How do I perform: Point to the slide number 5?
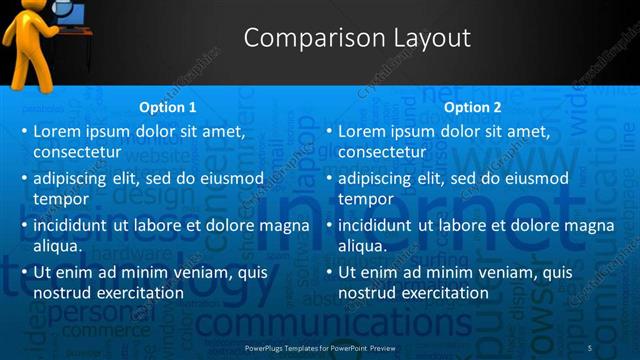coord(589,347)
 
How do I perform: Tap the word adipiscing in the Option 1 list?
coord(71,178)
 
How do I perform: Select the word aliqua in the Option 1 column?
coord(57,246)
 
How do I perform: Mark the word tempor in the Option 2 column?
coord(365,199)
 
